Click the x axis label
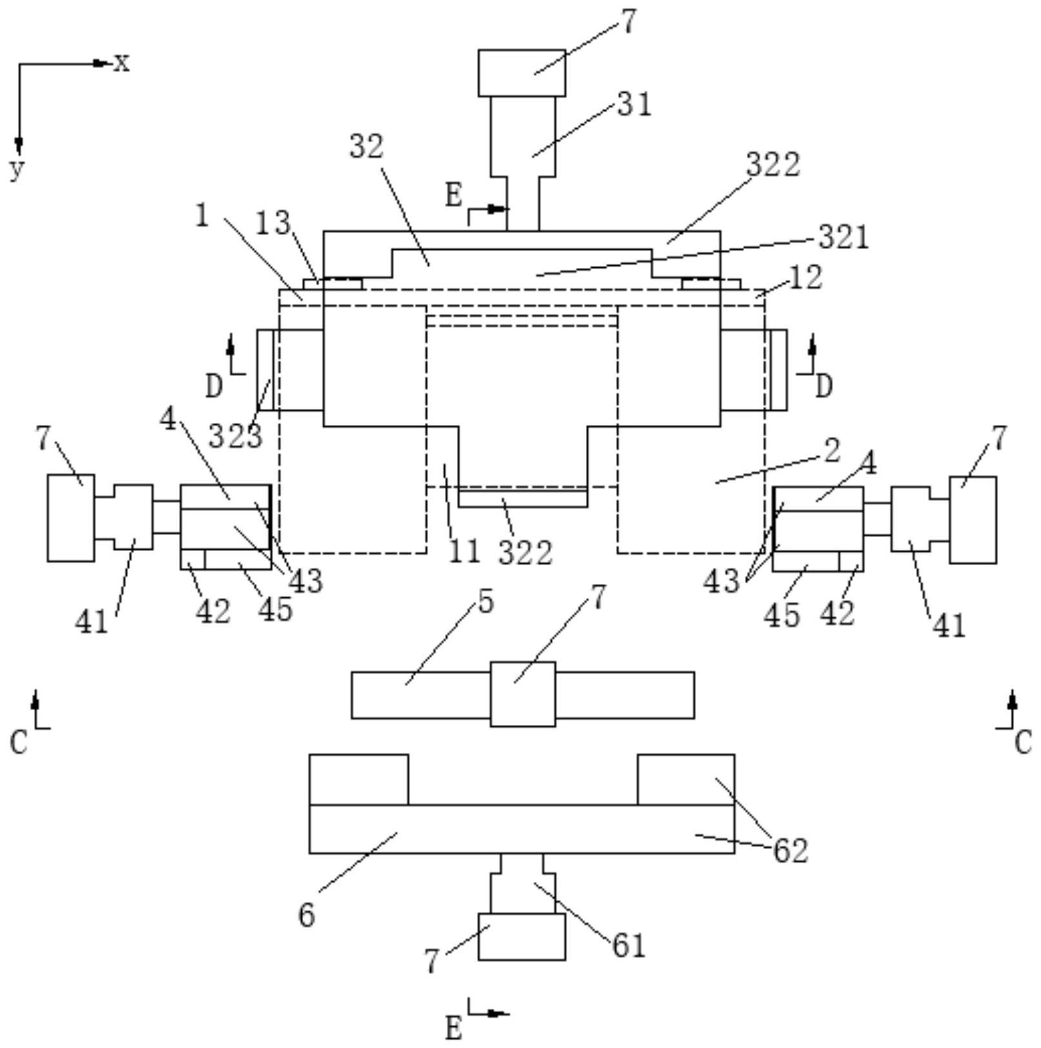point(122,63)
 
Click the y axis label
point(17,169)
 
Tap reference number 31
point(635,104)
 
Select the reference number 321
point(844,237)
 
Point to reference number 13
point(274,223)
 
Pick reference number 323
point(236,436)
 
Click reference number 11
point(464,551)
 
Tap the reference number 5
point(486,602)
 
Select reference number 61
point(628,946)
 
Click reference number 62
point(790,850)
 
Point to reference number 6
point(307,915)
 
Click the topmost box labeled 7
point(522,73)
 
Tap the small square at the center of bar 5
point(523,694)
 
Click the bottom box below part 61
point(522,937)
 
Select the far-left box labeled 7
point(71,518)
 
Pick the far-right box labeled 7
point(973,520)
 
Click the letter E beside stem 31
point(454,195)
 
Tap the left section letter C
point(19,742)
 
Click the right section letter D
point(824,386)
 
